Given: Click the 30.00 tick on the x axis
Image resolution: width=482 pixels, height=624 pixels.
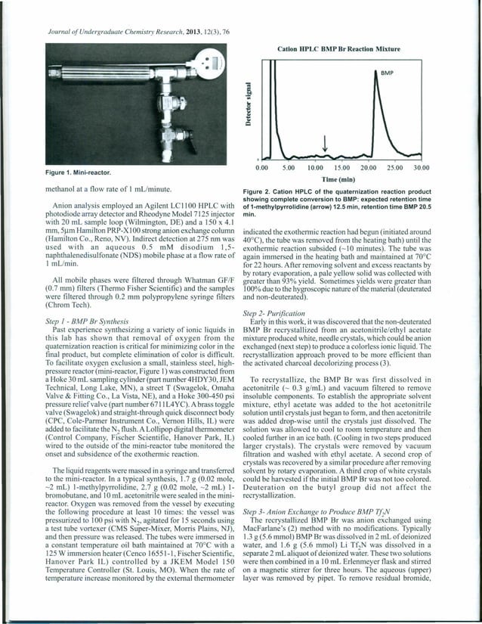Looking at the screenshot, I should pos(421,166).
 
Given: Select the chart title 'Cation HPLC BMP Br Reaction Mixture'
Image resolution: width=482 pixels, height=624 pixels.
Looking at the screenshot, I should pos(338,48).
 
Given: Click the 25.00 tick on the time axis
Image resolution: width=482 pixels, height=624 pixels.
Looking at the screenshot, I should pos(394,166).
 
